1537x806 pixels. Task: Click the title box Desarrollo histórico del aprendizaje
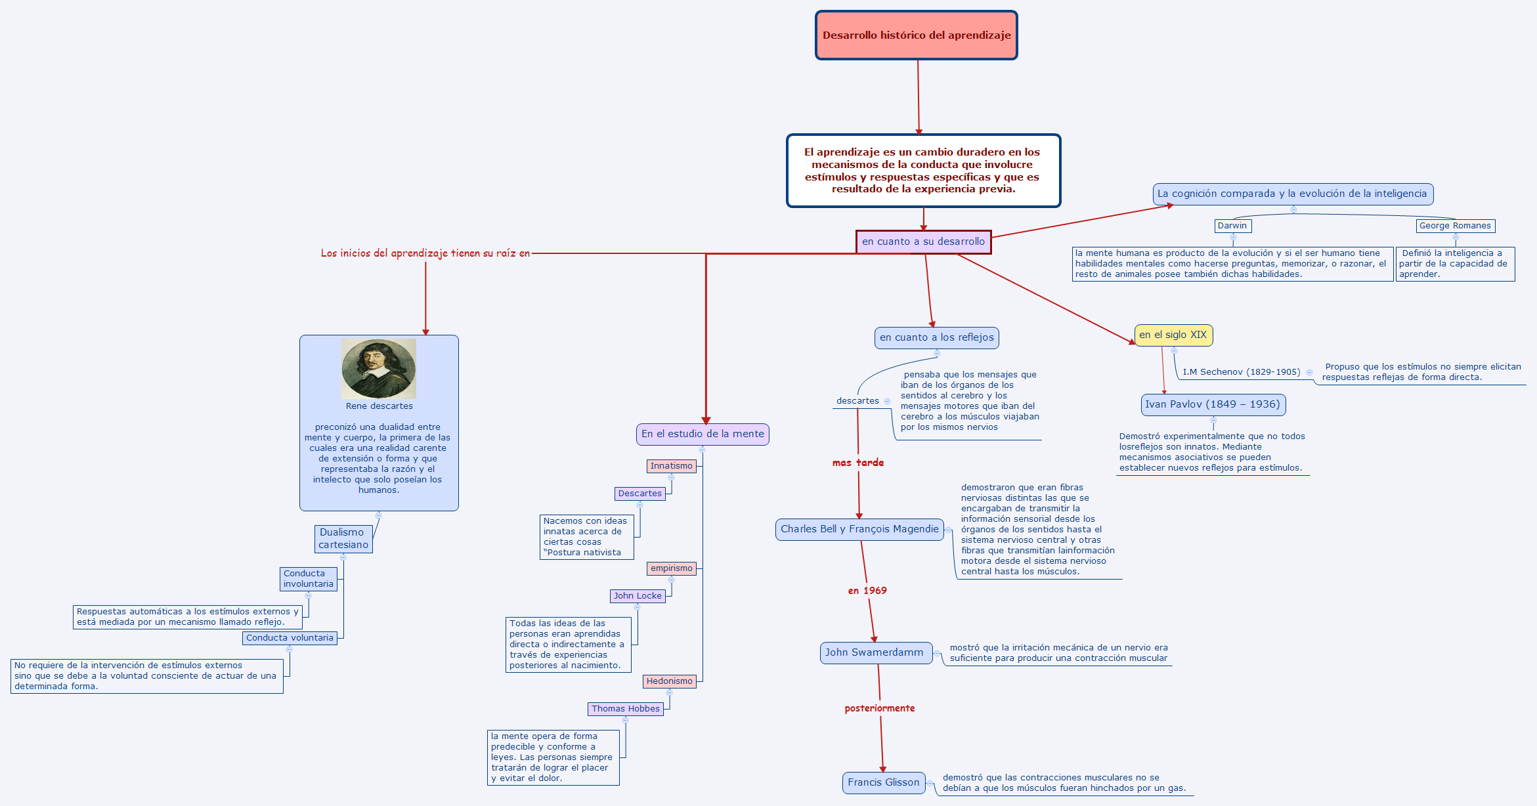pyautogui.click(x=916, y=35)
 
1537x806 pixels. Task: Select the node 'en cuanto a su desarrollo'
pyautogui.click(x=923, y=242)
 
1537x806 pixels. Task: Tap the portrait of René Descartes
pyautogui.click(x=378, y=368)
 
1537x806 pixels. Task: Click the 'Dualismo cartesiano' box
pyautogui.click(x=343, y=539)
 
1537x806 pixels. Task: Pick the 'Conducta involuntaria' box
pyautogui.click(x=308, y=579)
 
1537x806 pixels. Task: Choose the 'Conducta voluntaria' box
pyautogui.click(x=290, y=638)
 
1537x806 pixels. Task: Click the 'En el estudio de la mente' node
pyautogui.click(x=703, y=434)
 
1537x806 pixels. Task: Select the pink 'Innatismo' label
pyautogui.click(x=671, y=466)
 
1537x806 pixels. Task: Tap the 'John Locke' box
pyautogui.click(x=638, y=596)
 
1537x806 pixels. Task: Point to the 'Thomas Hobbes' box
pyautogui.click(x=625, y=709)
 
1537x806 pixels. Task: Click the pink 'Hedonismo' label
pyautogui.click(x=669, y=681)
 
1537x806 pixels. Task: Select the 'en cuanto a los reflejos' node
pyautogui.click(x=936, y=337)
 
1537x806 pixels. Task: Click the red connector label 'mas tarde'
pyautogui.click(x=858, y=463)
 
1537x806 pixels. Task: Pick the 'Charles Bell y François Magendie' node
pyautogui.click(x=859, y=529)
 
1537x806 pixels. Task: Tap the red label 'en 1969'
pyautogui.click(x=867, y=591)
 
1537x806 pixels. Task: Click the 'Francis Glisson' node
pyautogui.click(x=883, y=782)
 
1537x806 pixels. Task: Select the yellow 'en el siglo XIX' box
pyautogui.click(x=1173, y=335)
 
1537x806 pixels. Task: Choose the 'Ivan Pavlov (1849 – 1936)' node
pyautogui.click(x=1213, y=404)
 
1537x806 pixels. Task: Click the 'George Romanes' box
pyautogui.click(x=1455, y=226)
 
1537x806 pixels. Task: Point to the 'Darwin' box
pyautogui.click(x=1232, y=226)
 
